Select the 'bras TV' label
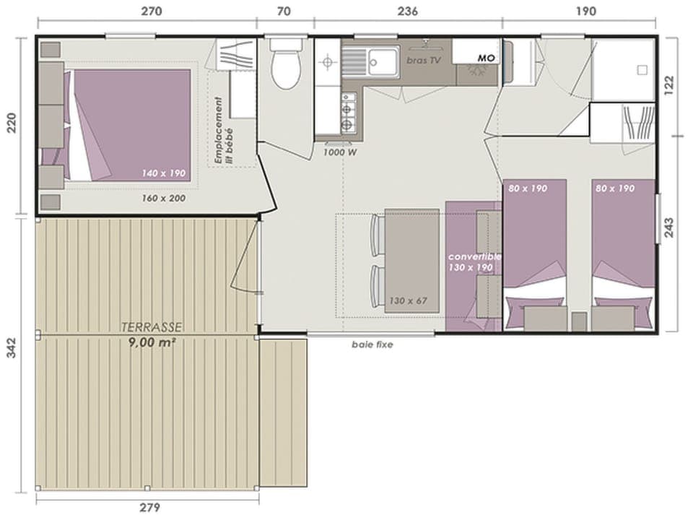click(424, 61)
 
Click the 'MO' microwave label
click(485, 57)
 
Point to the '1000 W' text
click(339, 152)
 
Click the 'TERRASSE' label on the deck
click(152, 327)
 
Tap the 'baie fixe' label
click(372, 345)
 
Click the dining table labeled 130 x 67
click(411, 260)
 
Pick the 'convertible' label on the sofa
click(474, 256)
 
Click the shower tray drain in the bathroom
click(640, 70)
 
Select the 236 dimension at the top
click(407, 11)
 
